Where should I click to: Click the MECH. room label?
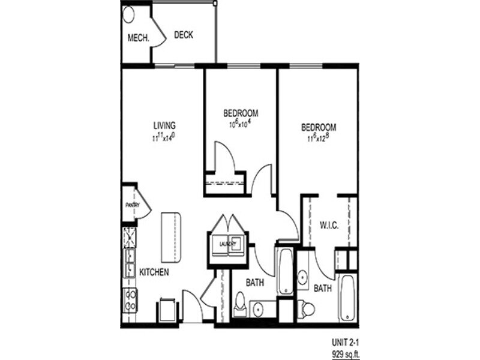(137, 38)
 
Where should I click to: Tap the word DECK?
(184, 35)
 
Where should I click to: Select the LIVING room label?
(164, 125)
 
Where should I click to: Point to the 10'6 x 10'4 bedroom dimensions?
(241, 124)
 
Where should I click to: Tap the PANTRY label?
(131, 204)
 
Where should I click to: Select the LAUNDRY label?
(227, 244)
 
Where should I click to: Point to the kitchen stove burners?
(130, 299)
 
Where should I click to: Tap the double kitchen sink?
(129, 263)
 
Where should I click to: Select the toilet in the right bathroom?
(308, 308)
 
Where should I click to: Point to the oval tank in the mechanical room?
(129, 15)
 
